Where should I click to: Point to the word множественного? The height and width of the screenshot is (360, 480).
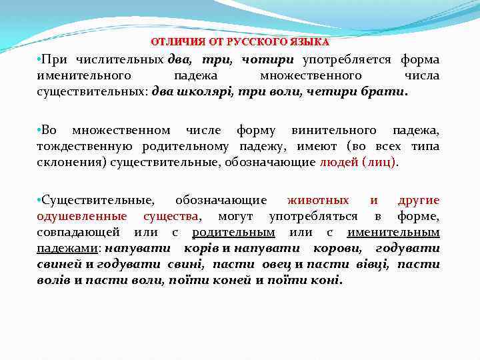coord(310,75)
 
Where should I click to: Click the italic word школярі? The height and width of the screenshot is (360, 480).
coord(203,91)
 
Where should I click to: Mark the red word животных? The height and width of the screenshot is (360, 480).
coord(318,200)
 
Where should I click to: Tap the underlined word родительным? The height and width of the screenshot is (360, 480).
coord(233,231)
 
